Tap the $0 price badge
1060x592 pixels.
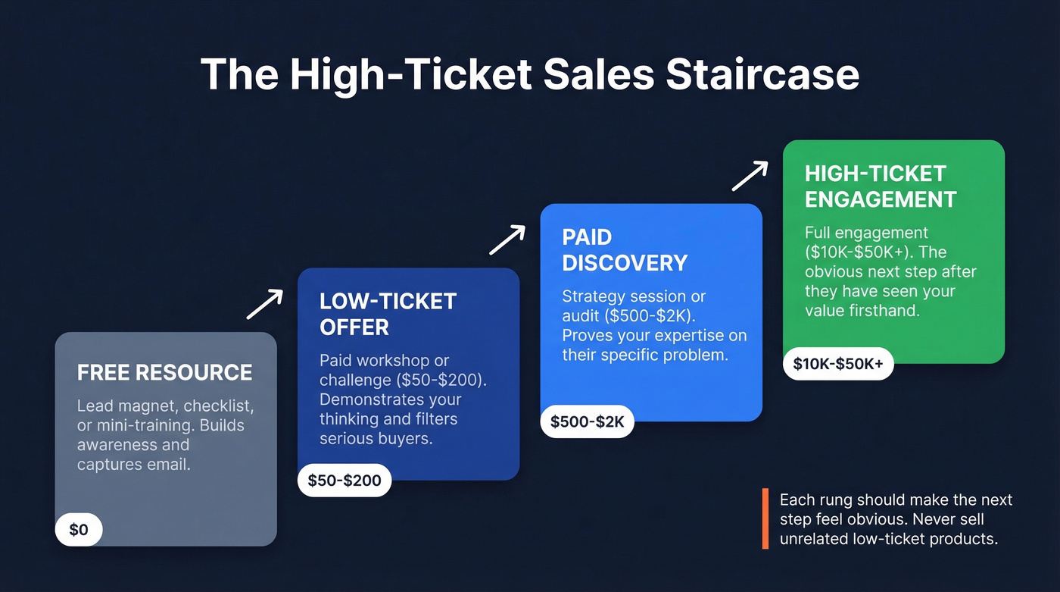[79, 530]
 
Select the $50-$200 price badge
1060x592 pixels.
[344, 481]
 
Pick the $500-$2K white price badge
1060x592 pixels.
[587, 422]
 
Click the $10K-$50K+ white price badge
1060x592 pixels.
[838, 364]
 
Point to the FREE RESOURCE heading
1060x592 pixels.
[164, 373]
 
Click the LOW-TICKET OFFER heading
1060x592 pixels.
[388, 314]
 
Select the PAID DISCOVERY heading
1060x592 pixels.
[625, 250]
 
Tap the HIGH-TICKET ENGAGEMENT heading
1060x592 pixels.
[881, 186]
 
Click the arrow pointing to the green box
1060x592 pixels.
[750, 176]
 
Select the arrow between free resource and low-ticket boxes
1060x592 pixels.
[264, 304]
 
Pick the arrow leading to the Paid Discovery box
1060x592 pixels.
[507, 240]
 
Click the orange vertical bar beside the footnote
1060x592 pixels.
[765, 519]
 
